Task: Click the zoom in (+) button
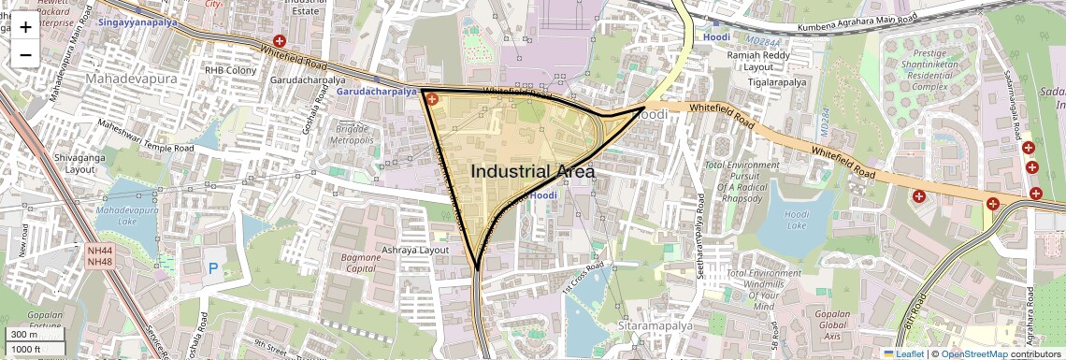click(x=25, y=27)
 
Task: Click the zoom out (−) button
click(x=25, y=55)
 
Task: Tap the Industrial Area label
click(x=532, y=172)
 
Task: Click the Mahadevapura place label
click(x=131, y=79)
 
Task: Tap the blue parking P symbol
click(x=213, y=269)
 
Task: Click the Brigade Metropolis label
click(x=350, y=133)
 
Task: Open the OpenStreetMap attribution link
click(x=974, y=353)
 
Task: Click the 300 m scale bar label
click(x=24, y=335)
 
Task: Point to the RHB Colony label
click(x=230, y=70)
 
